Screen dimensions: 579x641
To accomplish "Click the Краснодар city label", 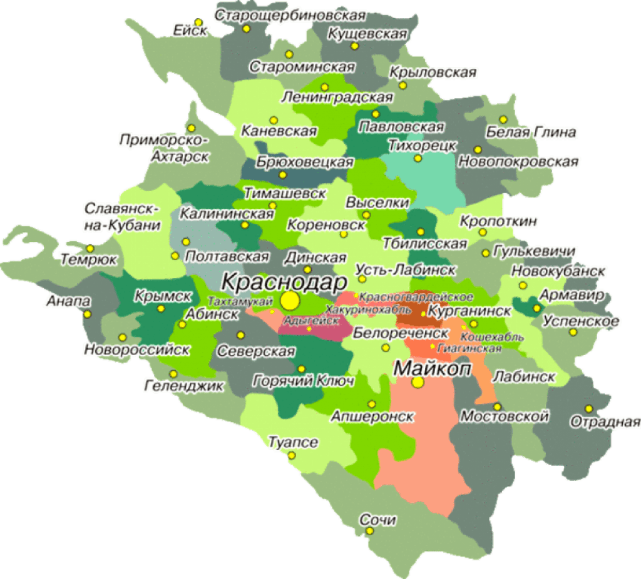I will (275, 281).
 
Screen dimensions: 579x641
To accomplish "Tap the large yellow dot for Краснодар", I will (290, 301).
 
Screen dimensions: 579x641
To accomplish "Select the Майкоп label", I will (433, 368).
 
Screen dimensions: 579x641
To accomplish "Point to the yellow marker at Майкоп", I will (418, 381).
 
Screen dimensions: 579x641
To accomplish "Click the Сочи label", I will (378, 520).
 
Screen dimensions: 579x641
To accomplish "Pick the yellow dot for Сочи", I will (370, 531).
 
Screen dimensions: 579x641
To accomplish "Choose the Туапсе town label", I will (293, 442).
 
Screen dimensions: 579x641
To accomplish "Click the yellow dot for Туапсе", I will (291, 455).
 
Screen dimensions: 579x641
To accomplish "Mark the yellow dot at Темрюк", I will (90, 248).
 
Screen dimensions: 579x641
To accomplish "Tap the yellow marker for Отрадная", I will (588, 408).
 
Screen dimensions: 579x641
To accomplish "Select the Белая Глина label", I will (531, 133).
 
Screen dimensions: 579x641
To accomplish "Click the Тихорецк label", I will (416, 145).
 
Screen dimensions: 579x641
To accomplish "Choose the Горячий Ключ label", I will (304, 380).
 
